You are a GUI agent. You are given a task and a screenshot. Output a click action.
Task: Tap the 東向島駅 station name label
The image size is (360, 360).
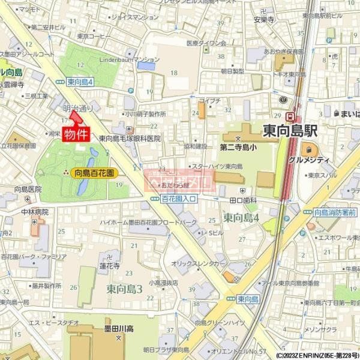coord(290,131)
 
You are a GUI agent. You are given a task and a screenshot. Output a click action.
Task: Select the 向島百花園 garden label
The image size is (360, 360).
coord(95,173)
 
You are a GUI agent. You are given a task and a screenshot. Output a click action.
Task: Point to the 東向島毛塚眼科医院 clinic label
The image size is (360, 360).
coord(130,138)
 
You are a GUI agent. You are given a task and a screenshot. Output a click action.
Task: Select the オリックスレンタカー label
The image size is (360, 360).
coord(199,263)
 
